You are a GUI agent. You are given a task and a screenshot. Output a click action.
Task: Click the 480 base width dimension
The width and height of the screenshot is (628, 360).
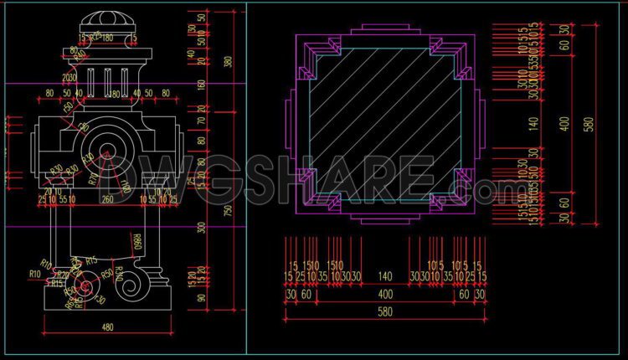click(x=108, y=327)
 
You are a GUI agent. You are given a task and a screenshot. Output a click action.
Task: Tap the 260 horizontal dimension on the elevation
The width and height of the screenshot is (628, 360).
click(x=107, y=200)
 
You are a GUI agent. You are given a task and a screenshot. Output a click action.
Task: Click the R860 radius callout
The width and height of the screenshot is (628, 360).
click(x=136, y=244)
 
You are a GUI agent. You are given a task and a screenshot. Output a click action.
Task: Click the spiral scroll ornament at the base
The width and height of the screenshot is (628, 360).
click(x=135, y=287)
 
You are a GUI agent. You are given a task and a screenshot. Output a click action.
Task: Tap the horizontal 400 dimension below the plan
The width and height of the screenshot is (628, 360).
click(x=385, y=295)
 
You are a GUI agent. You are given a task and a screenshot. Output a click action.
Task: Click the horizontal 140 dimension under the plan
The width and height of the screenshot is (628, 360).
click(x=385, y=276)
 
